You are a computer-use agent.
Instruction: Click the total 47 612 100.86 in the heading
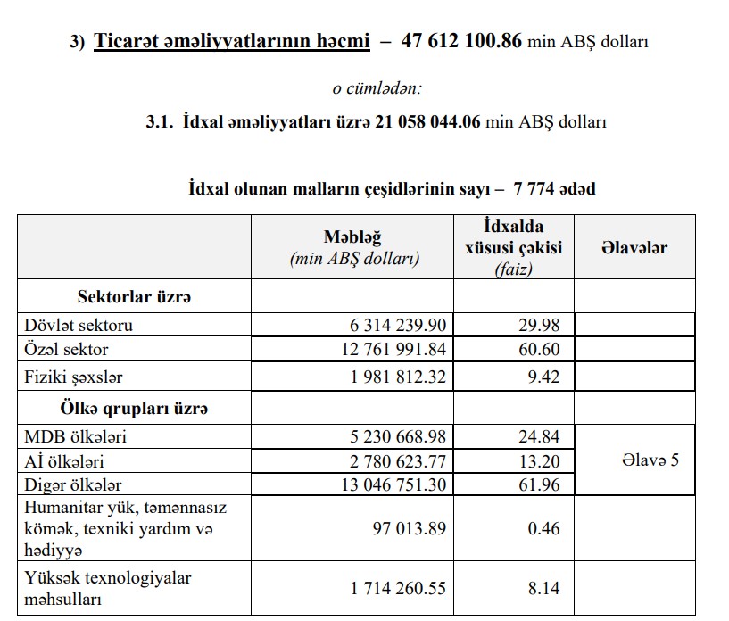coord(461,42)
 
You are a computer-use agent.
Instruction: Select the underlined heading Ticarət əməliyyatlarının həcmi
coord(231,42)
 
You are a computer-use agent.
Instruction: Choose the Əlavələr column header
coord(634,247)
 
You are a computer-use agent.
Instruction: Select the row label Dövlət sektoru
coord(79,326)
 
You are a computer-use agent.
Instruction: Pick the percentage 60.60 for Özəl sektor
coord(539,350)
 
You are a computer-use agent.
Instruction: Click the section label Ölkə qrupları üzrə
coord(134,410)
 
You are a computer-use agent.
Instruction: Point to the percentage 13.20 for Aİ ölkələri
coord(539,461)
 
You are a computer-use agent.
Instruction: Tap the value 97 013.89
coord(409,528)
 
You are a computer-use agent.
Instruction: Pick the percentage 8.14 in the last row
coord(543,588)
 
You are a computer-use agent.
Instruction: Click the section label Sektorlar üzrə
coord(134,296)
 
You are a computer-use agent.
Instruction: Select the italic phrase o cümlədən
coord(377,88)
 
